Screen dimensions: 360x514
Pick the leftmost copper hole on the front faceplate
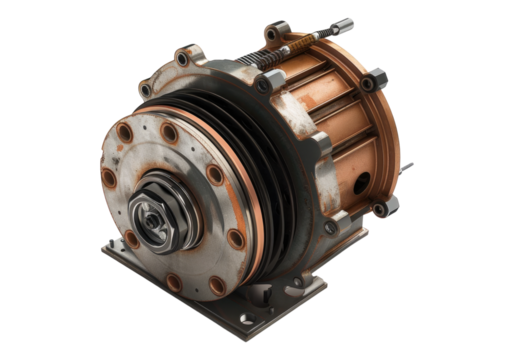107,178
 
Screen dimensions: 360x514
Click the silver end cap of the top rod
344,24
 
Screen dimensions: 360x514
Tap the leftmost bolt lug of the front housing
145,90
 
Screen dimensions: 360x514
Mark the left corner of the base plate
102,250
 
